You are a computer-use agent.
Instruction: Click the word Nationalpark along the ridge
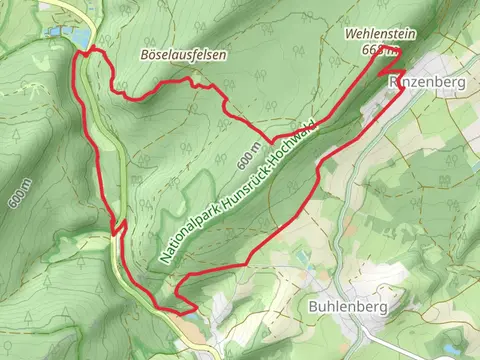point(184,233)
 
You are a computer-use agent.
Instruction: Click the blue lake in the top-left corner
point(70,37)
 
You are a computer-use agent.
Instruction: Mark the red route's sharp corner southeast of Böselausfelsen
point(268,139)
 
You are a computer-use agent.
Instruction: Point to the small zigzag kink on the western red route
point(119,230)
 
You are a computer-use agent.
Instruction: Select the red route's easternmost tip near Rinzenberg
point(402,87)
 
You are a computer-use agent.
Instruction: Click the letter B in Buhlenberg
point(314,306)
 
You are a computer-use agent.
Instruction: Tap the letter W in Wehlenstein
point(349,33)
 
